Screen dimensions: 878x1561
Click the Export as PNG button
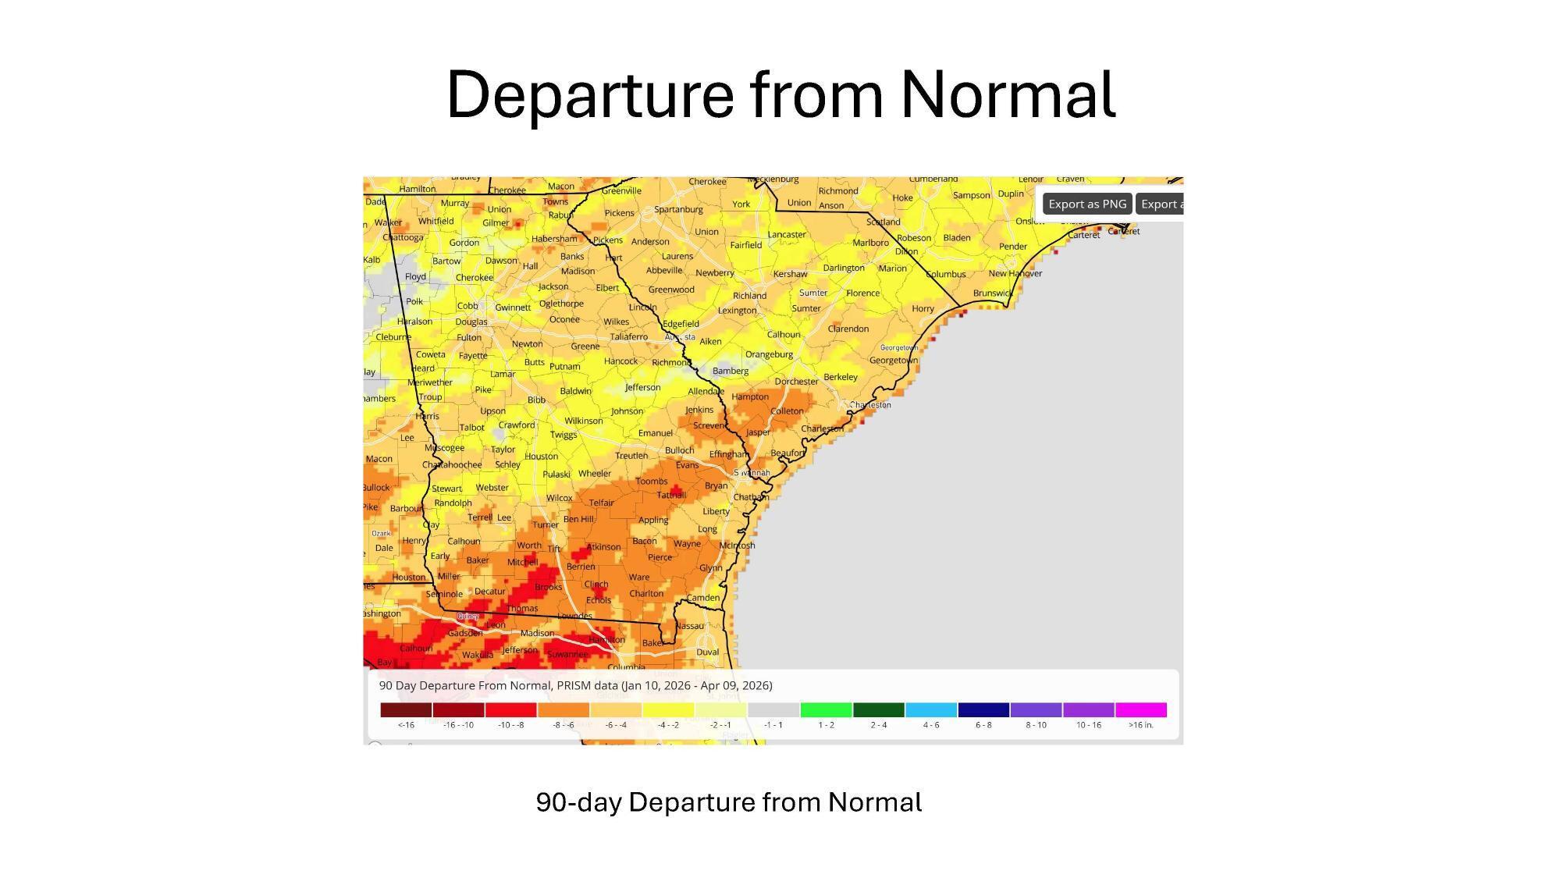pos(1086,204)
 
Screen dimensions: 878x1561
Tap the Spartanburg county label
pos(678,209)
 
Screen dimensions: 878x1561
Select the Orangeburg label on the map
pos(769,354)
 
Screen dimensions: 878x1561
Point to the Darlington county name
pos(843,268)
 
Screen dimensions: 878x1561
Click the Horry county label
pos(923,308)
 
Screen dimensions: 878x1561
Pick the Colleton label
pos(787,411)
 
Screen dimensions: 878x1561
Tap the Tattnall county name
pos(671,495)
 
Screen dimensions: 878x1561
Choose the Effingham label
pos(728,454)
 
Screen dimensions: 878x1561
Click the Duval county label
pos(707,652)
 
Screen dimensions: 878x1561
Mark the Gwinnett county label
pos(513,307)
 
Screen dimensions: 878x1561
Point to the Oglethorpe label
pos(561,304)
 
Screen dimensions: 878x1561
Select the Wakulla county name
pos(477,655)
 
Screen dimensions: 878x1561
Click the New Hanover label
pos(1015,273)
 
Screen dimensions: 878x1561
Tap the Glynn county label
pos(710,568)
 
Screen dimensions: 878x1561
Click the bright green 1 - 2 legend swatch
pos(826,709)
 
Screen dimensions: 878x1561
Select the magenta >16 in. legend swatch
pos(1140,709)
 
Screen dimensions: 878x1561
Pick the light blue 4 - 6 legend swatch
pos(930,709)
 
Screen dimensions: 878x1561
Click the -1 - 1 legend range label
pos(773,725)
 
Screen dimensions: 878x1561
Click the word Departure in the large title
pos(589,94)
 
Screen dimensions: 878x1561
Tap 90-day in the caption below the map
pos(578,802)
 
